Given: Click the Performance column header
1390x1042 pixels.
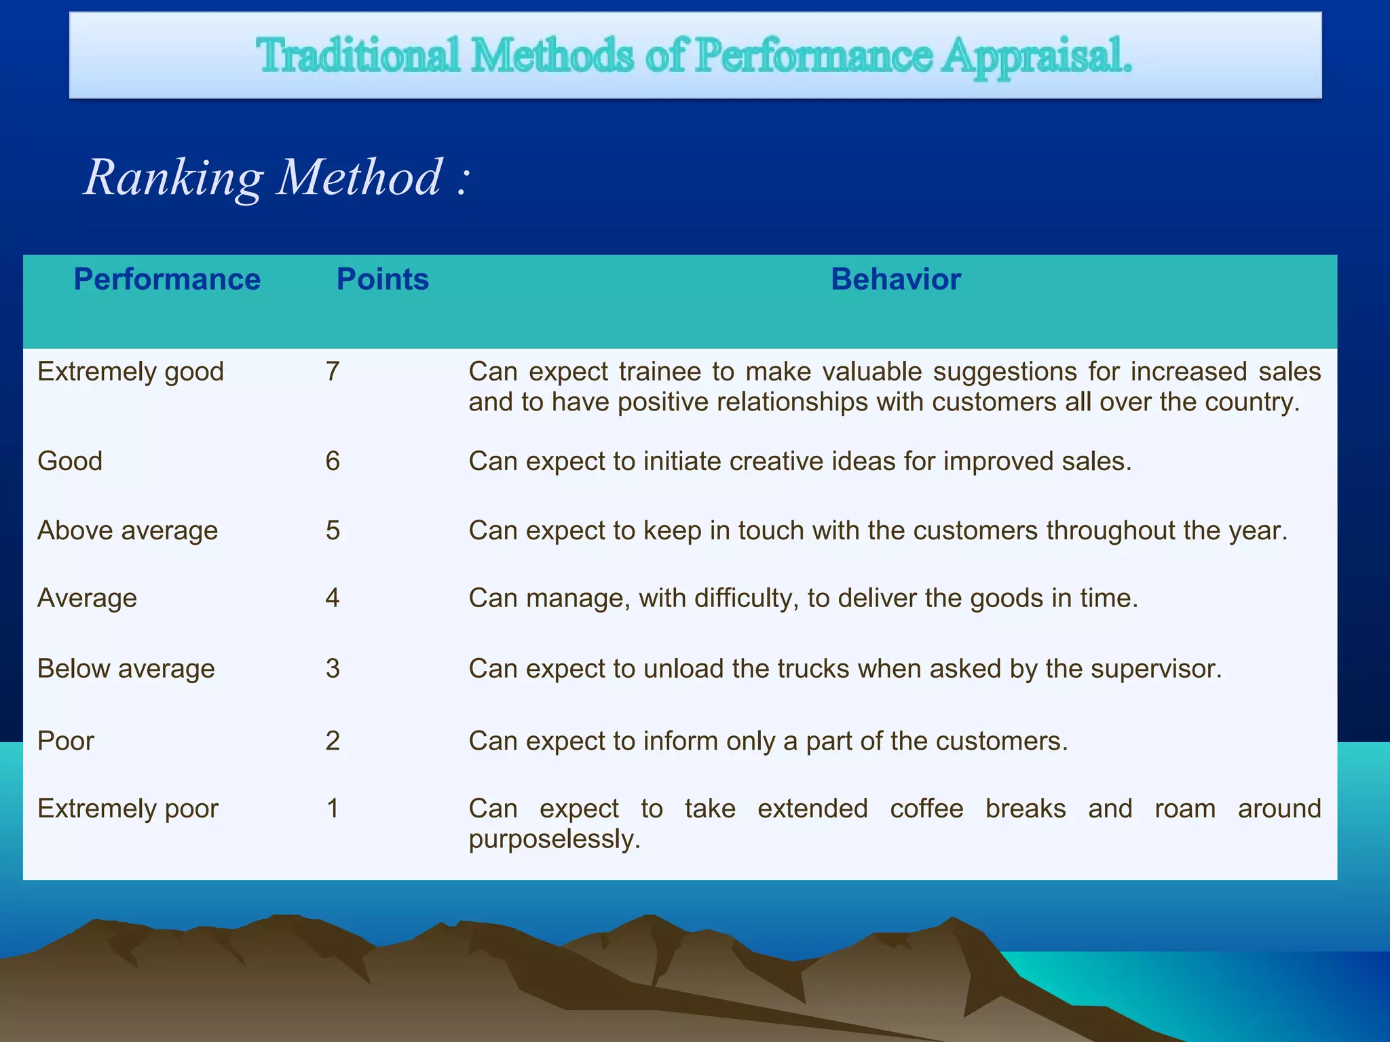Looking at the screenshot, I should pos(167,279).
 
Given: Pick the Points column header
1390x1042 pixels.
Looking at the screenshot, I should pos(383,279).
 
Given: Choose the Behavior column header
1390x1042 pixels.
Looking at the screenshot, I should pos(896,279).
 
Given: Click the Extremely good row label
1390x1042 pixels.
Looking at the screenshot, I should pos(130,372).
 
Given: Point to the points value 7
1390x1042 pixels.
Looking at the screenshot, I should pos(333,372).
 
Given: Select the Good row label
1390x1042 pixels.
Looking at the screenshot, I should pos(70,461).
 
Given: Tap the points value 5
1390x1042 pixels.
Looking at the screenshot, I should pos(333,530).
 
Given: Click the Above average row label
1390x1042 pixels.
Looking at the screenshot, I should pos(128,530).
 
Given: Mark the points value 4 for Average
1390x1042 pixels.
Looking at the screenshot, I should pos(333,598).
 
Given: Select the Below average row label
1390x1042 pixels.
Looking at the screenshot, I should pos(126,669).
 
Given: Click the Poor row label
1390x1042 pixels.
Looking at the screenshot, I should pos(66,741).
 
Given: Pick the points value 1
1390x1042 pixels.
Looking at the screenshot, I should pos(333,809).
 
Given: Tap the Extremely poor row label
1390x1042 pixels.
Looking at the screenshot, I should pos(128,809).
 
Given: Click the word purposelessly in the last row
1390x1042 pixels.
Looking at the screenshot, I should pos(554,840).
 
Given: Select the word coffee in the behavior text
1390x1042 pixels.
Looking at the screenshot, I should pos(926,809).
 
